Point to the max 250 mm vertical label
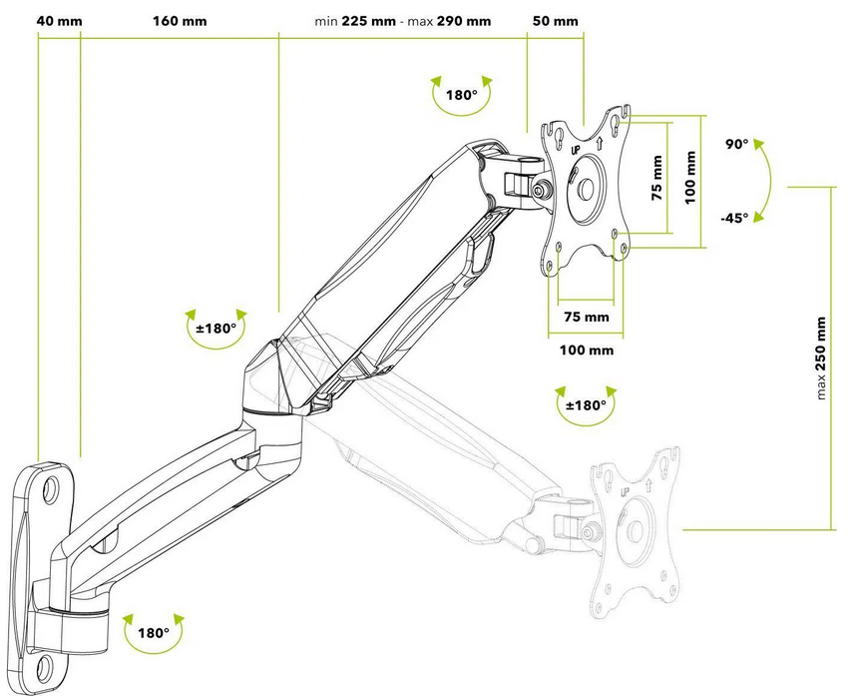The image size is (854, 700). point(821,358)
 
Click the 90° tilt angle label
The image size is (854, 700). point(737,145)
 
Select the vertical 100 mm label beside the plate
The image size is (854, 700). point(691,178)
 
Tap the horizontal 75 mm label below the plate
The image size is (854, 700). point(586,318)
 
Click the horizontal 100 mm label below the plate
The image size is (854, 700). point(586,350)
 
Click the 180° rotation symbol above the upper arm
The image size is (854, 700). point(461,96)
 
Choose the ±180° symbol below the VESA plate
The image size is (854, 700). point(586,405)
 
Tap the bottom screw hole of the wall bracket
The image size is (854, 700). point(47,665)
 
